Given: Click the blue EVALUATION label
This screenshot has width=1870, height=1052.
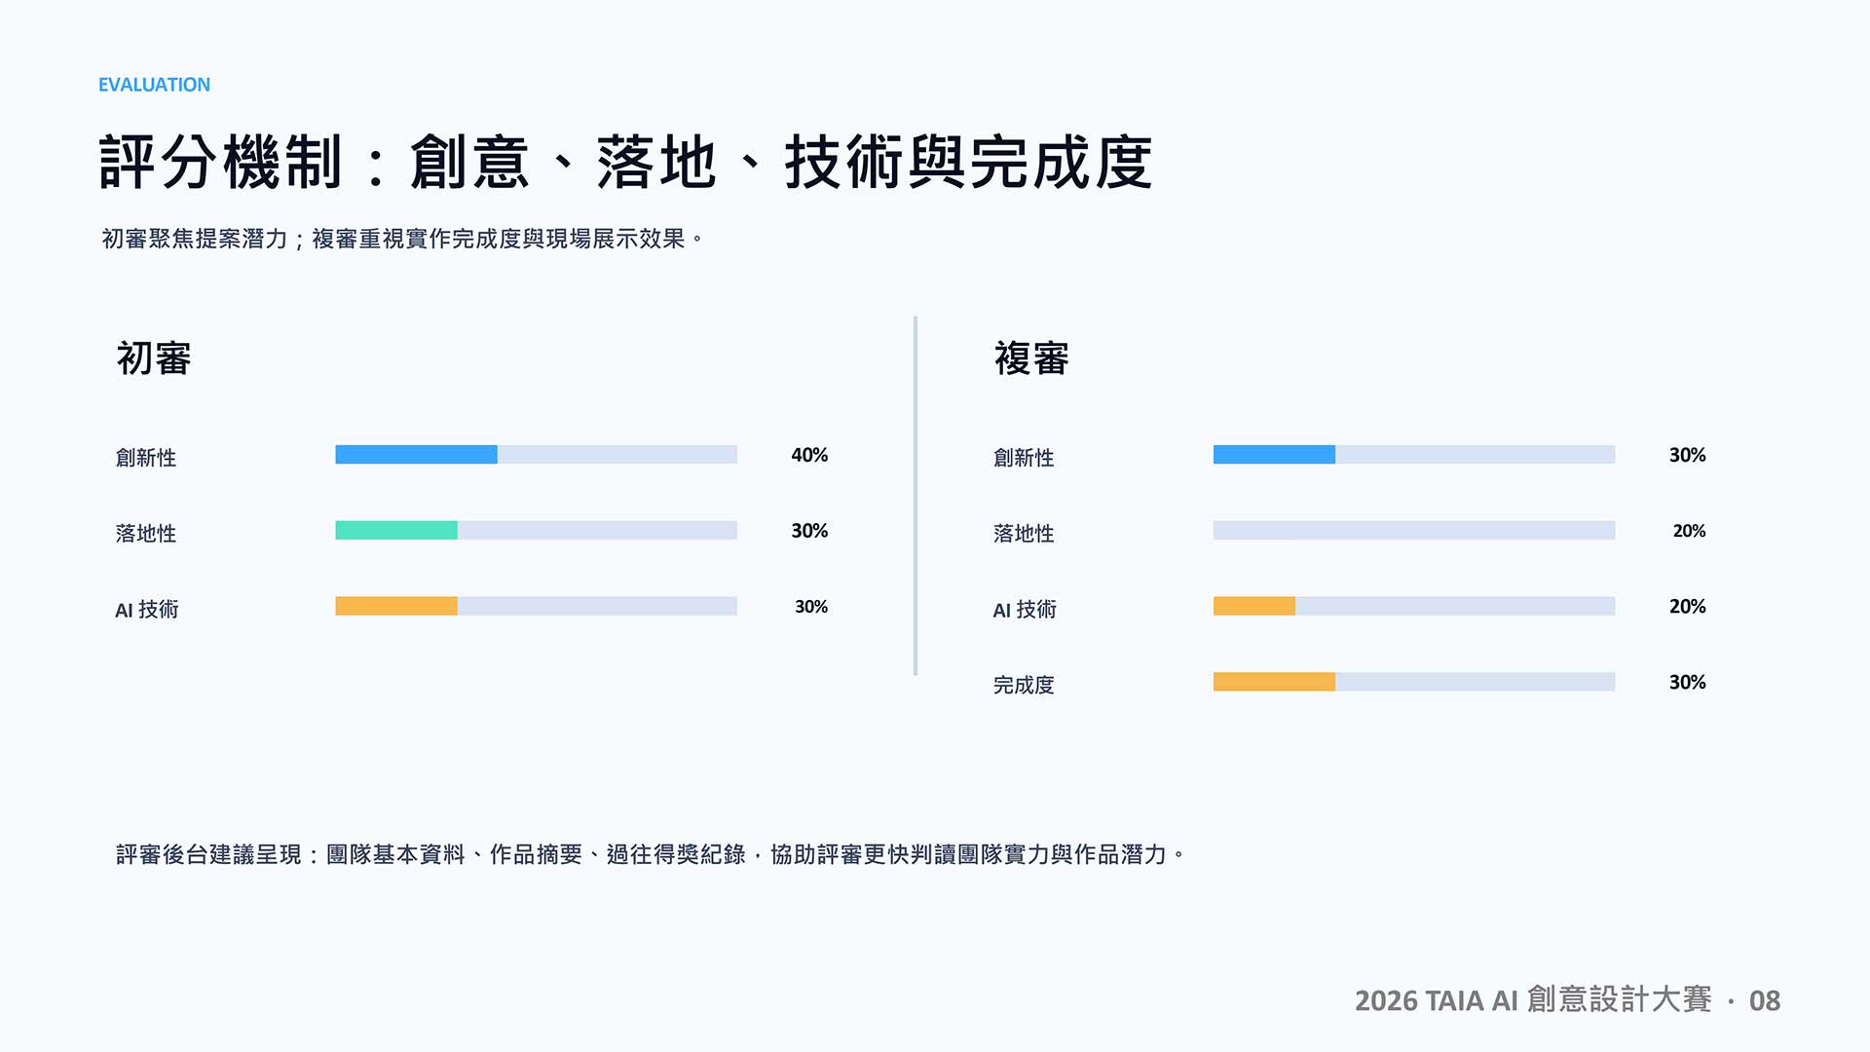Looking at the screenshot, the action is pos(154,85).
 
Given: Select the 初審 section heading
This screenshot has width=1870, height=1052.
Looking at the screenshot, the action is pos(154,358).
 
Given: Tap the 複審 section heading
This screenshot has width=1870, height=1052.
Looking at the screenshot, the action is pos(1031,358).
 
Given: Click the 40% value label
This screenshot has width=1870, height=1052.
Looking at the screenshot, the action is pos(809,455).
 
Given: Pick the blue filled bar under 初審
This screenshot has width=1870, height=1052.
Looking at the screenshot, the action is pos(416,455).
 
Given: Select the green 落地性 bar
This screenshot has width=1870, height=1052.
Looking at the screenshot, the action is pos(396,530).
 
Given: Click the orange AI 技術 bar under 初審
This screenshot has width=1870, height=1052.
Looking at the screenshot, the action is pos(396,606).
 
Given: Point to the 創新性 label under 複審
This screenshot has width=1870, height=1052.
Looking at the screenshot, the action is pos(1024,458).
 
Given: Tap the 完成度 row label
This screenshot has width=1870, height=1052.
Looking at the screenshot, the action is pos(1024,685).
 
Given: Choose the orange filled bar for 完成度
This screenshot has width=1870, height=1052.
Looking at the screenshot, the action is pos(1274,682).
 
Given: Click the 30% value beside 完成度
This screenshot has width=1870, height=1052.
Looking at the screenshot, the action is pos(1688,682).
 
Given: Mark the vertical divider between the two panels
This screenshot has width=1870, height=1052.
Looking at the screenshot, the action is pos(916,496).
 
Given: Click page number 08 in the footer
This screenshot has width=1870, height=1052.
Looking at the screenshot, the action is pos(1765,1000).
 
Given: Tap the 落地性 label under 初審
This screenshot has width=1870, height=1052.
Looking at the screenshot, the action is pos(146,534).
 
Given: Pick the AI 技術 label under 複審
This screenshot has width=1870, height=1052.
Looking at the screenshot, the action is pos(1025,610).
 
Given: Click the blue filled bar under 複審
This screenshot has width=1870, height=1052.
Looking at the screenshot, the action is pos(1274,455).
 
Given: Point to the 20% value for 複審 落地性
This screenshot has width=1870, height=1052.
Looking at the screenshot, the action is pos(1690,531).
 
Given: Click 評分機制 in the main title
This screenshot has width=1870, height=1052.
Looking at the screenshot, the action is pos(221,162).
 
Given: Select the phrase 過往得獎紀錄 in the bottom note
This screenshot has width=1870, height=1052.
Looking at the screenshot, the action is pos(676,854).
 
